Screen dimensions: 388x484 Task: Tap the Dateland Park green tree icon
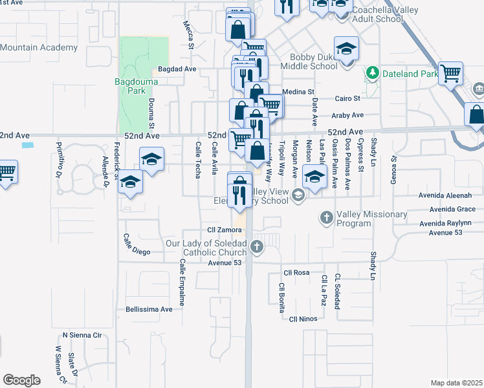coord(371,73)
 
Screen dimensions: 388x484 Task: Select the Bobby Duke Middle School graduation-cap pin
coord(346,49)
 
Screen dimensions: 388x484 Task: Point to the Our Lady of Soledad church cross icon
coord(258,246)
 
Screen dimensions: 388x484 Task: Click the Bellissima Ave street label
coord(149,309)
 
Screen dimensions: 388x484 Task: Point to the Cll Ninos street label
coord(302,319)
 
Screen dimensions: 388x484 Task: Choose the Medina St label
coord(299,92)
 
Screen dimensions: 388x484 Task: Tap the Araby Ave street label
coord(347,115)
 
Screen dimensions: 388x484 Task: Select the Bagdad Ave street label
coord(177,69)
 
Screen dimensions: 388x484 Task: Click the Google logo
coord(21,380)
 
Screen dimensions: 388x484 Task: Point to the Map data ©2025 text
coord(456,383)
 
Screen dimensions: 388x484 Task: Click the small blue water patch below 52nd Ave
coord(27,145)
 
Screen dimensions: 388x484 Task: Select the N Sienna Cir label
coord(82,335)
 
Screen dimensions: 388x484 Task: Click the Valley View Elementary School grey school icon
coord(298,195)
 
